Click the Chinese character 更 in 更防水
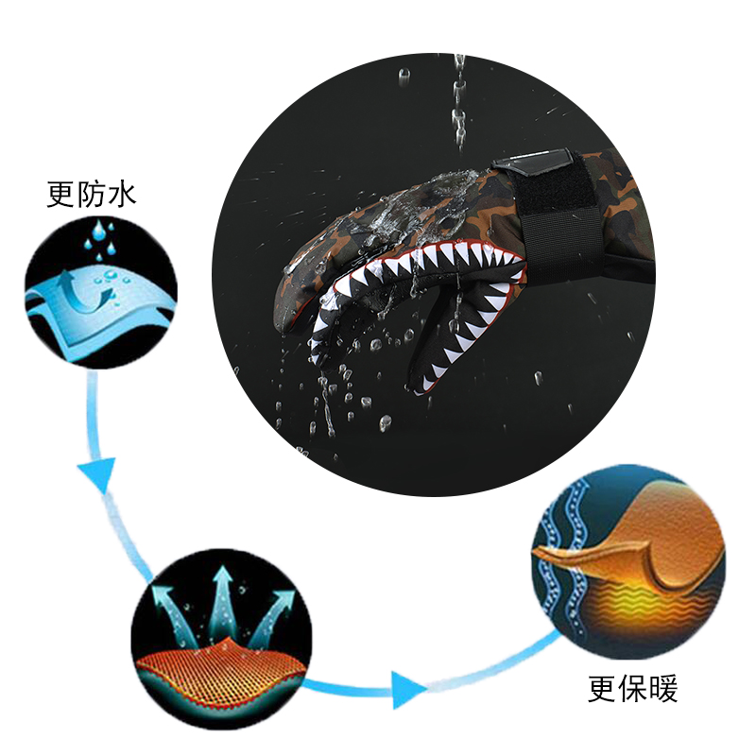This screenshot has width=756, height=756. tap(61, 195)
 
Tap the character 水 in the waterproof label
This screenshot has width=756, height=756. tap(122, 195)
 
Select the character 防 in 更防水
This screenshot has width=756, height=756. tap(92, 195)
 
